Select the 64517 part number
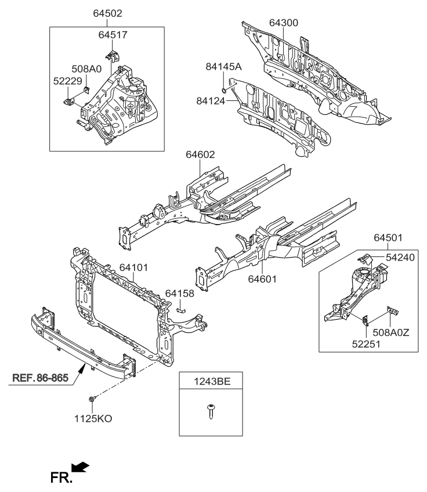113,35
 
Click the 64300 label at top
283,23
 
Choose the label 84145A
223,67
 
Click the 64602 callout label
200,155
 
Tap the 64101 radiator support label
135,268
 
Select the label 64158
180,292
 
